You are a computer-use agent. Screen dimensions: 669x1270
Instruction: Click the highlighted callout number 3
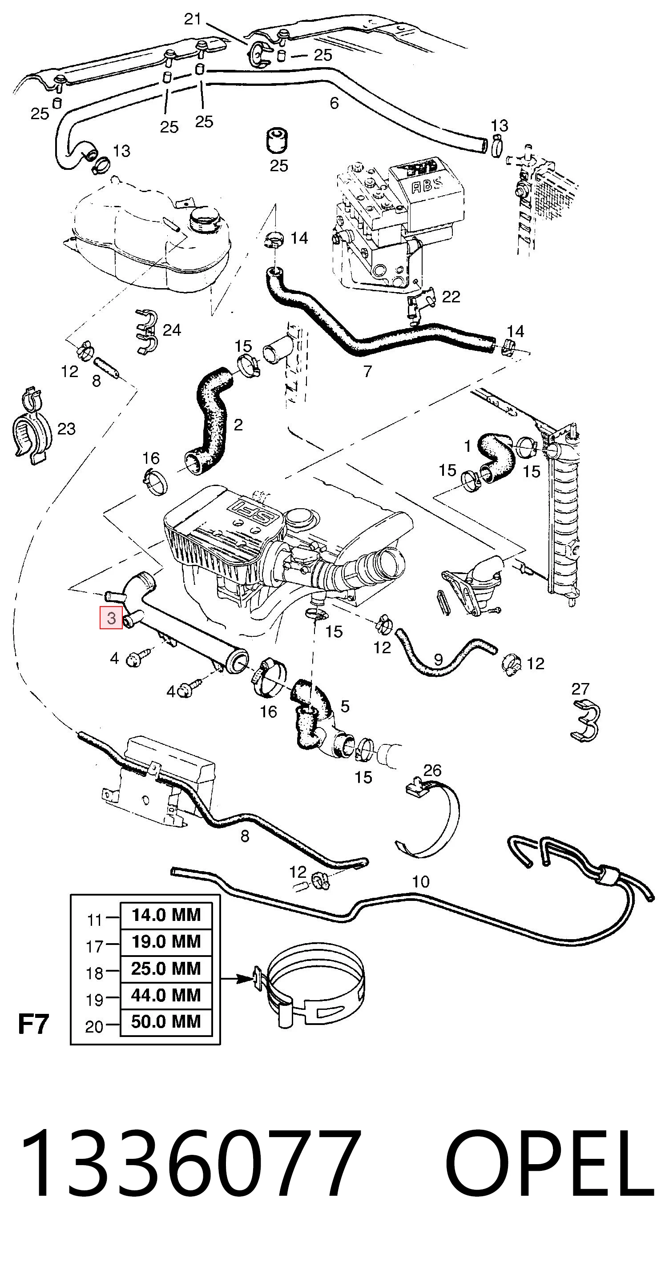[111, 618]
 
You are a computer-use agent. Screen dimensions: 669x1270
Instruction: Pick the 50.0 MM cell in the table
[166, 1021]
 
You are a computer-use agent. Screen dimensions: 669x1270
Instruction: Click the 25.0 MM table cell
[166, 968]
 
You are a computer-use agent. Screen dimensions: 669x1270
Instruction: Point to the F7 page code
[33, 1024]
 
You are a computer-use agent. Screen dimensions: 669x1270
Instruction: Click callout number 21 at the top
[193, 19]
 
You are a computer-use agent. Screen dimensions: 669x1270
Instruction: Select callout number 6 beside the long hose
[334, 103]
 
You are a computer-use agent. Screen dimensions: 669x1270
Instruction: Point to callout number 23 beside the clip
[67, 429]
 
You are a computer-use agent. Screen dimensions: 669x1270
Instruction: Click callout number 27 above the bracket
[580, 689]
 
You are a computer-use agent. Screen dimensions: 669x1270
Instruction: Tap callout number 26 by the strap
[432, 771]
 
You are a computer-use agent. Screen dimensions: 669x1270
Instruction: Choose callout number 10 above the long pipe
[420, 881]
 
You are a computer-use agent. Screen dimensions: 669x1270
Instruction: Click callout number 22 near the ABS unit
[451, 296]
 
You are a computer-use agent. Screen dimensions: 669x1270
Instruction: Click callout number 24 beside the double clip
[172, 330]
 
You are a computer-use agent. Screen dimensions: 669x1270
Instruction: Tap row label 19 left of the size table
[95, 1000]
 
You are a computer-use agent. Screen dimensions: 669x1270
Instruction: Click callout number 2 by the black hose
[238, 425]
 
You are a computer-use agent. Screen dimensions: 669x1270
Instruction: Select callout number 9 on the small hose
[438, 659]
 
